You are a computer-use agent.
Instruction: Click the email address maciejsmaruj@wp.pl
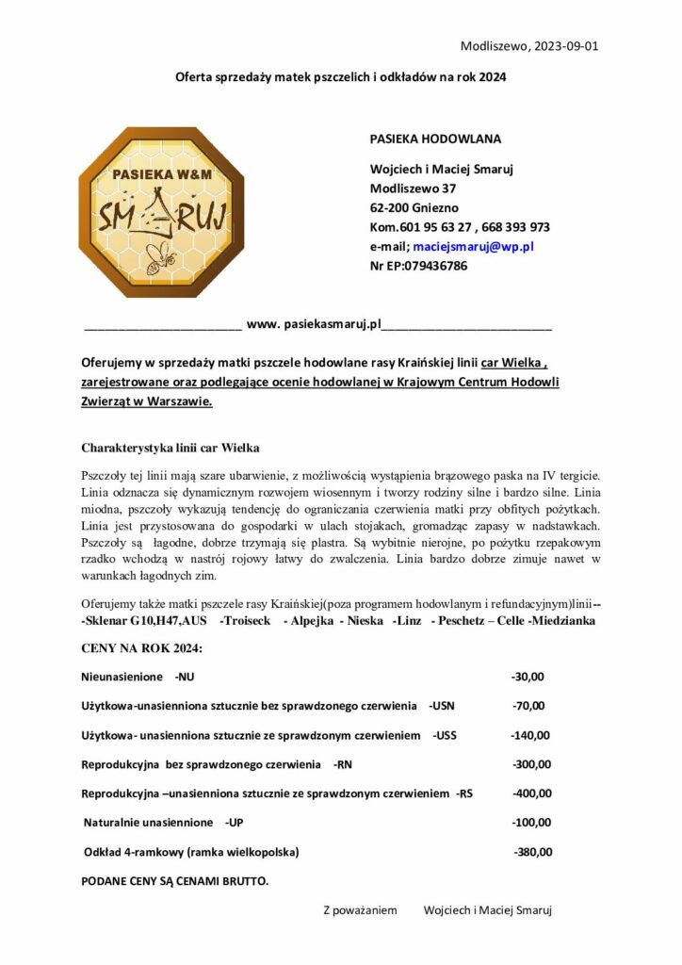(x=474, y=246)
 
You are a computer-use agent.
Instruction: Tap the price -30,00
(x=528, y=676)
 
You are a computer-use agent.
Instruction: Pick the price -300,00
(x=530, y=764)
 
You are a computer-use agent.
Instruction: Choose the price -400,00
(x=530, y=793)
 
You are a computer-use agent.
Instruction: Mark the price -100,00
(x=530, y=823)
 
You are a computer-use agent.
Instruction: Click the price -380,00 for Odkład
(x=532, y=852)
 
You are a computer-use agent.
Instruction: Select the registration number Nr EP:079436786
(x=418, y=265)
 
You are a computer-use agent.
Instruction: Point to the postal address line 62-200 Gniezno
(x=409, y=207)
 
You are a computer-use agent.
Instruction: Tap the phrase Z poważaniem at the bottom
(x=360, y=910)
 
